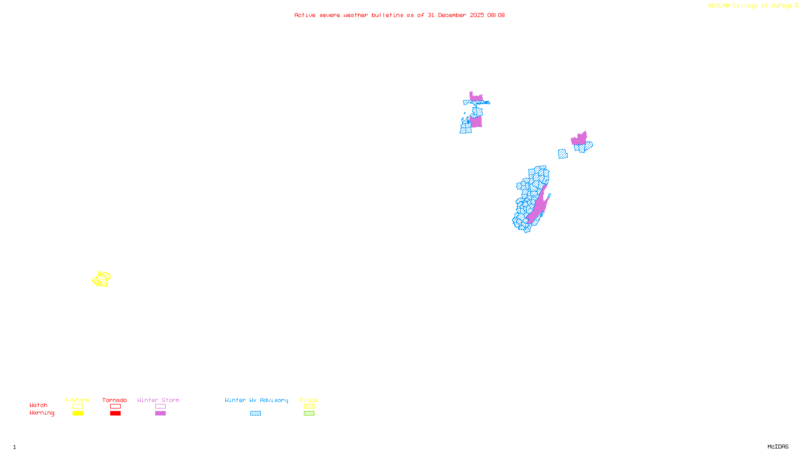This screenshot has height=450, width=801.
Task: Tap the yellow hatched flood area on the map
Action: tap(102, 279)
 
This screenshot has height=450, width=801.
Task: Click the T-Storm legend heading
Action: tap(77, 400)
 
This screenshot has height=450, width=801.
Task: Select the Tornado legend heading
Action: tap(115, 400)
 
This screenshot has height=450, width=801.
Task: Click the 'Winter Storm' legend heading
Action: tap(158, 400)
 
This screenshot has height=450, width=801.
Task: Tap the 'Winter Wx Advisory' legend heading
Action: tap(256, 400)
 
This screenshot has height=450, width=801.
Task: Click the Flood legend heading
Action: tap(309, 400)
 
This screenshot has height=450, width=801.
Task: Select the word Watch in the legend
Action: tap(39, 405)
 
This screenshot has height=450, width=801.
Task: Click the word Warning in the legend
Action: tap(42, 413)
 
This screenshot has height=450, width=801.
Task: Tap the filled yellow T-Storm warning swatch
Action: tap(78, 413)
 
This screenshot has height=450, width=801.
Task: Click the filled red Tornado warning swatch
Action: tap(115, 413)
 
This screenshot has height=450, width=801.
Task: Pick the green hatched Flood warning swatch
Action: tap(309, 413)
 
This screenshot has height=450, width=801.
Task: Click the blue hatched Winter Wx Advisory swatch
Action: tap(255, 413)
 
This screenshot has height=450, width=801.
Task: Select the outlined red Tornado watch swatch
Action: tap(115, 406)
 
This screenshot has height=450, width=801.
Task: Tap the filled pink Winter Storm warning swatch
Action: tap(160, 413)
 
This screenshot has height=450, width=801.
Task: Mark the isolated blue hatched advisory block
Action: tap(563, 154)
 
